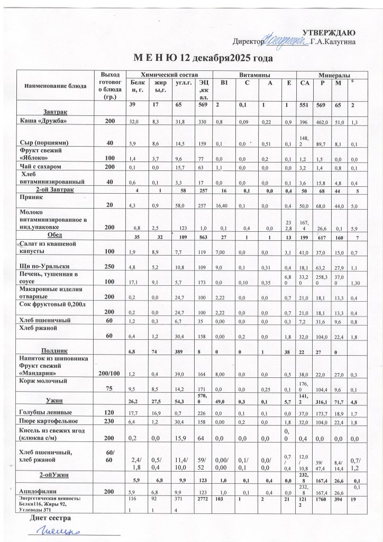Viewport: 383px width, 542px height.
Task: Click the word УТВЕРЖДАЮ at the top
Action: (x=332, y=33)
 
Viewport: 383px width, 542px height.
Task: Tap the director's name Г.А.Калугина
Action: (x=333, y=41)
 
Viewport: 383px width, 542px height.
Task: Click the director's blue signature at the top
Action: (x=286, y=39)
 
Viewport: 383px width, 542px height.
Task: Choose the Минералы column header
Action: (x=334, y=75)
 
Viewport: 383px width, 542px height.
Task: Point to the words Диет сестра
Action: (x=49, y=518)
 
